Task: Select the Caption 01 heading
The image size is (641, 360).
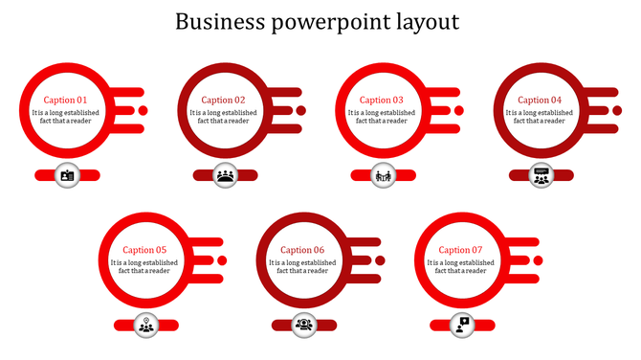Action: point(65,100)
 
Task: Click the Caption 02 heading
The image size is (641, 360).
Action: point(223,100)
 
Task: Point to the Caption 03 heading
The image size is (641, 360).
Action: point(382,100)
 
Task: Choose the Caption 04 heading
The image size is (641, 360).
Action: point(540,100)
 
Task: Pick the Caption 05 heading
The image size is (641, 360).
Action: point(144,250)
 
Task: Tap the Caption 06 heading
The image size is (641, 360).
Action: point(302,250)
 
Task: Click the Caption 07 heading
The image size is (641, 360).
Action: point(461,250)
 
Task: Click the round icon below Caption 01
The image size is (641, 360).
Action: point(67,175)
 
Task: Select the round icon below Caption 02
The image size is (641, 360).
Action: point(225,175)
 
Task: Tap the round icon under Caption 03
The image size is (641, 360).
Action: point(383,175)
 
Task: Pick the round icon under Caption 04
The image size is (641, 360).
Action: point(542,175)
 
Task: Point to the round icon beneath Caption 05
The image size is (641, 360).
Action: point(145,326)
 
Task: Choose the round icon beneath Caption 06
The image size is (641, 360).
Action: point(304,326)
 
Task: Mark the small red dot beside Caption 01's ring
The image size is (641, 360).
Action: point(143,111)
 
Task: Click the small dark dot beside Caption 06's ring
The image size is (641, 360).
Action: point(380,260)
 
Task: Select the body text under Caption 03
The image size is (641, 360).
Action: point(382,117)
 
